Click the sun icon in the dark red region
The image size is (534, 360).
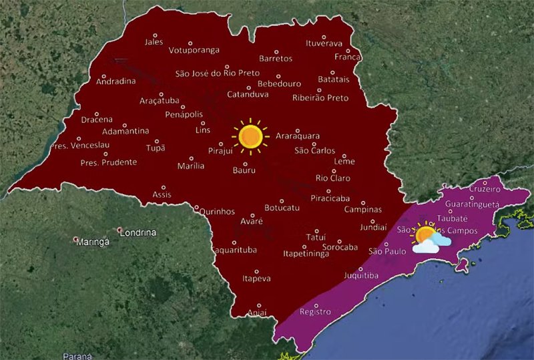(250, 136)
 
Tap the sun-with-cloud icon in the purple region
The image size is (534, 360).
(425, 239)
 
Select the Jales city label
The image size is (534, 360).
(154, 42)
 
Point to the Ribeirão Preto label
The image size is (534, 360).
(320, 98)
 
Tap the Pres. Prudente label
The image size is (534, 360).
(108, 162)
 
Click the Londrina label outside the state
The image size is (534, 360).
(137, 232)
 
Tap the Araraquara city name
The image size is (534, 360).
(298, 136)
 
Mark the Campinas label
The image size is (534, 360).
(362, 210)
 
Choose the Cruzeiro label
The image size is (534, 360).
(485, 189)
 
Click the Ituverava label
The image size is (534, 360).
(324, 44)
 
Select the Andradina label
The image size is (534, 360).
(116, 81)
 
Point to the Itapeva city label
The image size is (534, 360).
(256, 278)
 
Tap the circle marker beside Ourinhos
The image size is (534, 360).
(196, 207)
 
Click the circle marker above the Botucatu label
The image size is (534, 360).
(282, 200)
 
